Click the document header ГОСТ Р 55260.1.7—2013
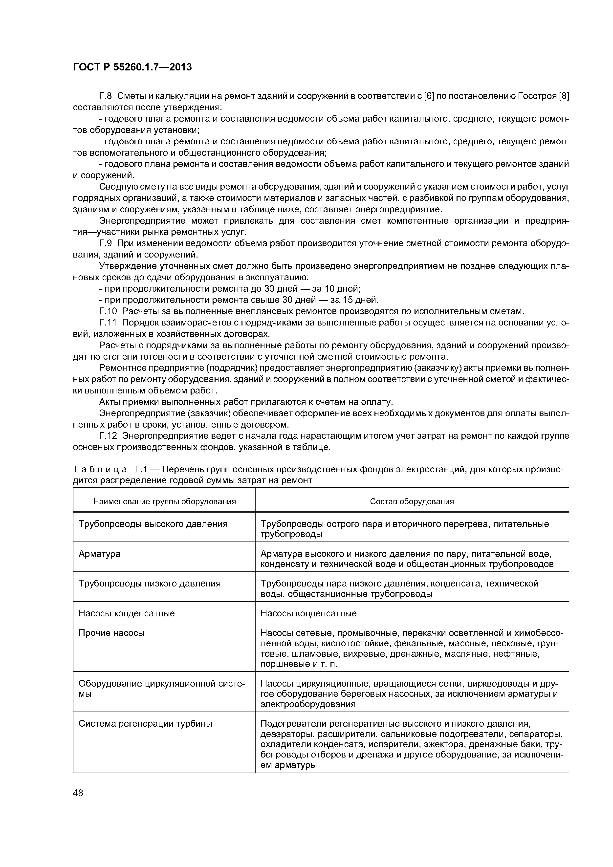point(132,67)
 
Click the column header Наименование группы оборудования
point(164,501)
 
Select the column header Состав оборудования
point(412,501)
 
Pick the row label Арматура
point(99,554)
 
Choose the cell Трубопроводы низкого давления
point(150,584)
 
